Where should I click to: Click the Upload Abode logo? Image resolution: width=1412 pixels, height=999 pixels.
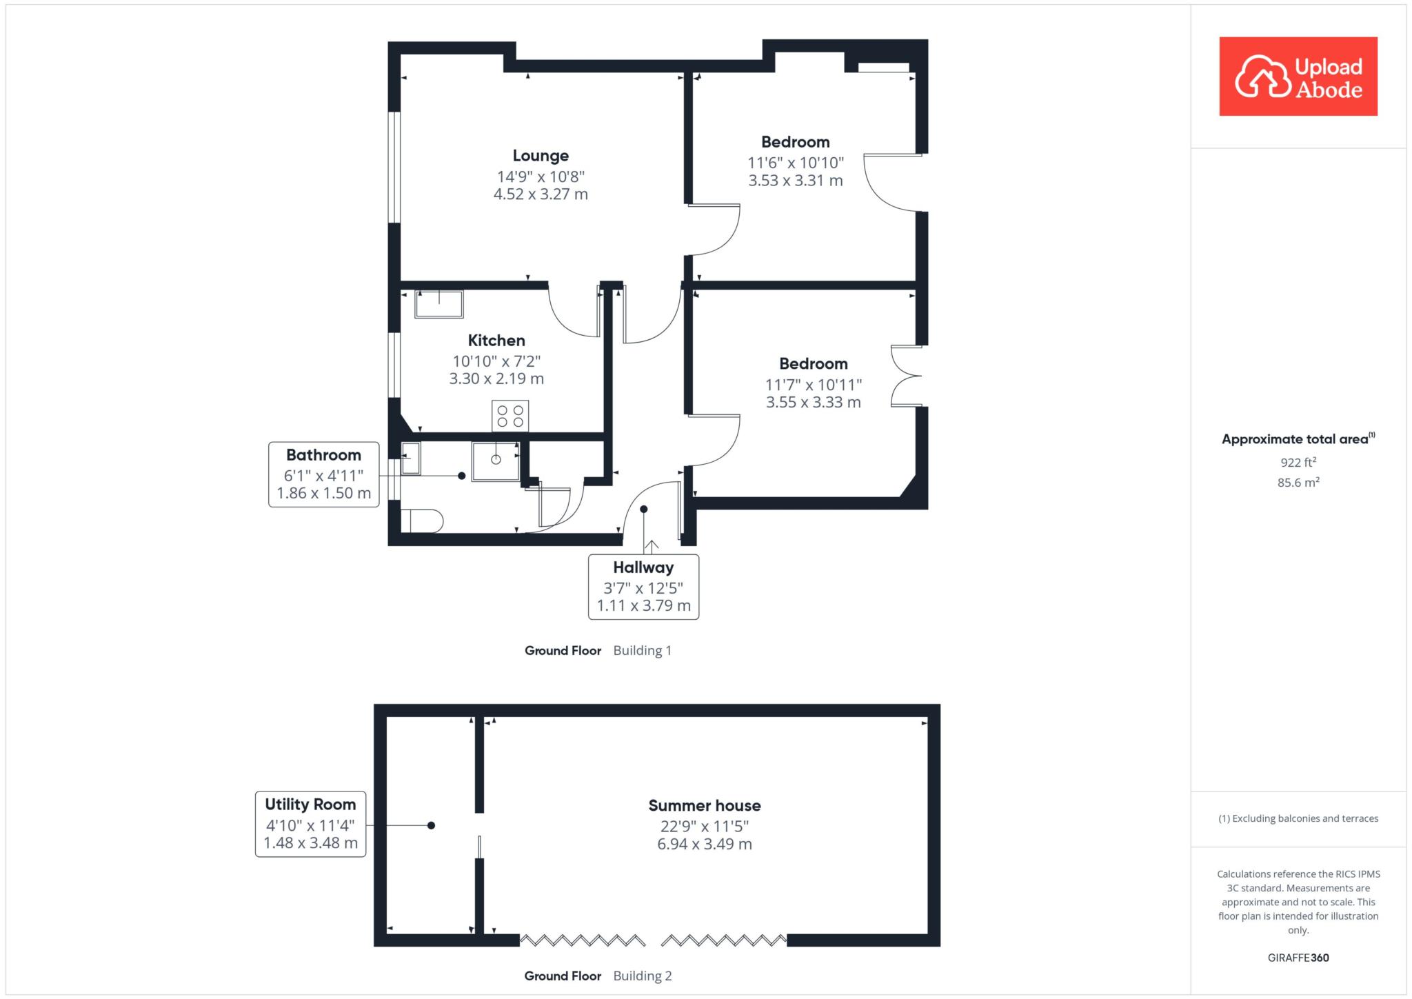1298,77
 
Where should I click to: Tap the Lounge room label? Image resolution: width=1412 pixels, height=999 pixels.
541,156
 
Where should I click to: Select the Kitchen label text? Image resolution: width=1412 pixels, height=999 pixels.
496,340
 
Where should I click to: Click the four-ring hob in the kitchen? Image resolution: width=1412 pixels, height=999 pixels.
510,416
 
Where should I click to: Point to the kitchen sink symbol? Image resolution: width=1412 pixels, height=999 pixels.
438,304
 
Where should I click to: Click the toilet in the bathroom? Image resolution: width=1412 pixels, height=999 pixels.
421,521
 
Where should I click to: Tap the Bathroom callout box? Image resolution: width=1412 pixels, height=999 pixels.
323,474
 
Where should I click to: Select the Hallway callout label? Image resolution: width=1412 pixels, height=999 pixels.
643,587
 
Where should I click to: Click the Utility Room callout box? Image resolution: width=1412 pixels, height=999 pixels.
310,824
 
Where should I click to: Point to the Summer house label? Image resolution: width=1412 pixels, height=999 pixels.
705,805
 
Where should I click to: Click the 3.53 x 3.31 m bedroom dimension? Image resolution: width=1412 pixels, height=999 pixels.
796,181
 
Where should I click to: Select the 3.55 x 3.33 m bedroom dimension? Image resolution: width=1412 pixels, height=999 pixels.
814,403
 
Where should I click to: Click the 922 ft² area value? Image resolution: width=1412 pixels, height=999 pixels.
1298,462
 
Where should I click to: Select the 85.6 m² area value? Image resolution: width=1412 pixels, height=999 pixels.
1298,483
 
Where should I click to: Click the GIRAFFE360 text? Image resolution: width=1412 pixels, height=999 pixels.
1298,958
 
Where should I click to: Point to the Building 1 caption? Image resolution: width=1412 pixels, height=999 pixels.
642,650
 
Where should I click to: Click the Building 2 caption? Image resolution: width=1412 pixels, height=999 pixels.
642,976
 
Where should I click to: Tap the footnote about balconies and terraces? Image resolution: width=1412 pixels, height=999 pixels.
1298,818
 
